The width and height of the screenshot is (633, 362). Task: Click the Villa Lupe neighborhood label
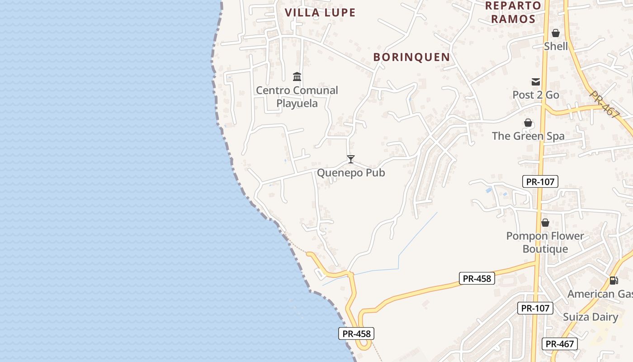320,13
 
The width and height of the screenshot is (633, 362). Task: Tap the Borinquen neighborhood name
411,57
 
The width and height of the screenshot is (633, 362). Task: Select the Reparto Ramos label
513,12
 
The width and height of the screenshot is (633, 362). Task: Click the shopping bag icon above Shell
556,33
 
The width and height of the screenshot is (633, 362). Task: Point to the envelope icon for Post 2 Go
536,82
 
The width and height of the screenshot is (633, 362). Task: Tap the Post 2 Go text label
536,95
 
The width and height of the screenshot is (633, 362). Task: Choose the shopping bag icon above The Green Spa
528,123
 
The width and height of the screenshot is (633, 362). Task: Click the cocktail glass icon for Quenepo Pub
350,159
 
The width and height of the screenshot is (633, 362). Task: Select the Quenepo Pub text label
351,173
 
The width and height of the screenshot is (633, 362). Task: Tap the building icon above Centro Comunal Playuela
297,76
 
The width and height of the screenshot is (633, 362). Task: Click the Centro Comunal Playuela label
297,97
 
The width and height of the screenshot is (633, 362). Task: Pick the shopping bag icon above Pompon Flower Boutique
545,223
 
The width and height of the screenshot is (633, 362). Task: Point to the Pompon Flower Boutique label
545,243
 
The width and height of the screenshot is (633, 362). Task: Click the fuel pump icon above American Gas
614,281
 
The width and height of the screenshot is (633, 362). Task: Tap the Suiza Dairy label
590,317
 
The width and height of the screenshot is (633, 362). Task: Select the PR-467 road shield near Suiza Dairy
559,344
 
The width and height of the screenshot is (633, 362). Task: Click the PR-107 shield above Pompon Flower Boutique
540,182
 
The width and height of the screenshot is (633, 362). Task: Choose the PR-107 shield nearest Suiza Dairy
535,309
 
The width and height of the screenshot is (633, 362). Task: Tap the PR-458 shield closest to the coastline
357,334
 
